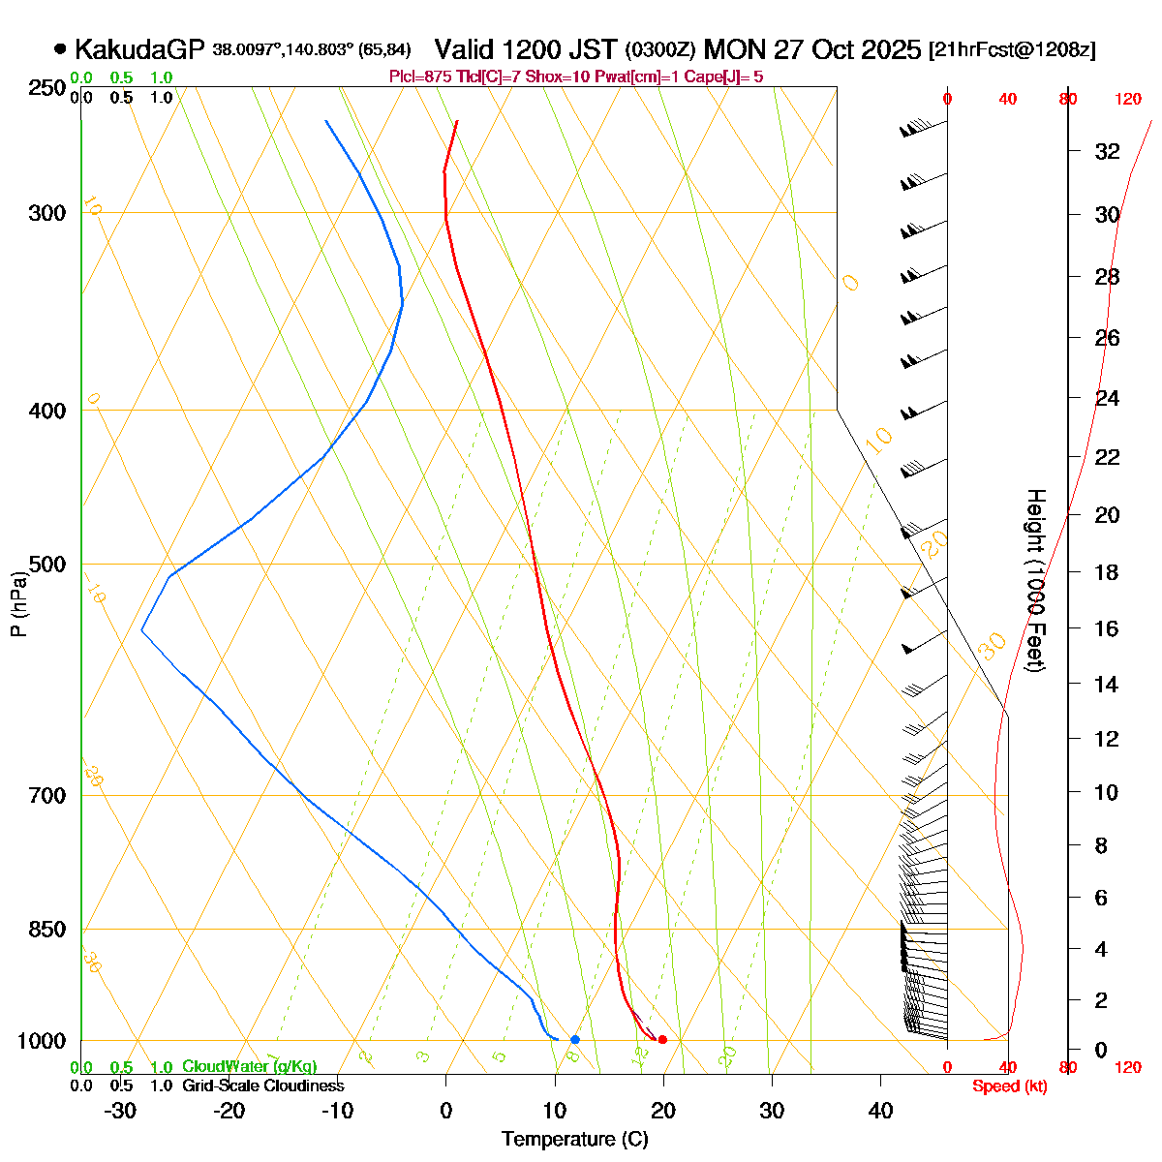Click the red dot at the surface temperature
[662, 1040]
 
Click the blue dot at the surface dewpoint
[575, 1040]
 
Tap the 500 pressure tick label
[47, 565]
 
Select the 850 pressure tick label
[47, 930]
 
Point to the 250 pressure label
[47, 88]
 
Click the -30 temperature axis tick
[120, 1111]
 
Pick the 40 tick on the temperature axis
[880, 1111]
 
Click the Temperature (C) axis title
[574, 1139]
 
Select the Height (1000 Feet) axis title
[1035, 581]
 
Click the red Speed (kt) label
[1009, 1086]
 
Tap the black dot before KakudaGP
[60, 48]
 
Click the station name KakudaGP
[139, 49]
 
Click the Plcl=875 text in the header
[420, 76]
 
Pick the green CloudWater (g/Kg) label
[249, 1067]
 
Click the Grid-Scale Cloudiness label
[262, 1086]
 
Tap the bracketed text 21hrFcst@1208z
[1012, 50]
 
